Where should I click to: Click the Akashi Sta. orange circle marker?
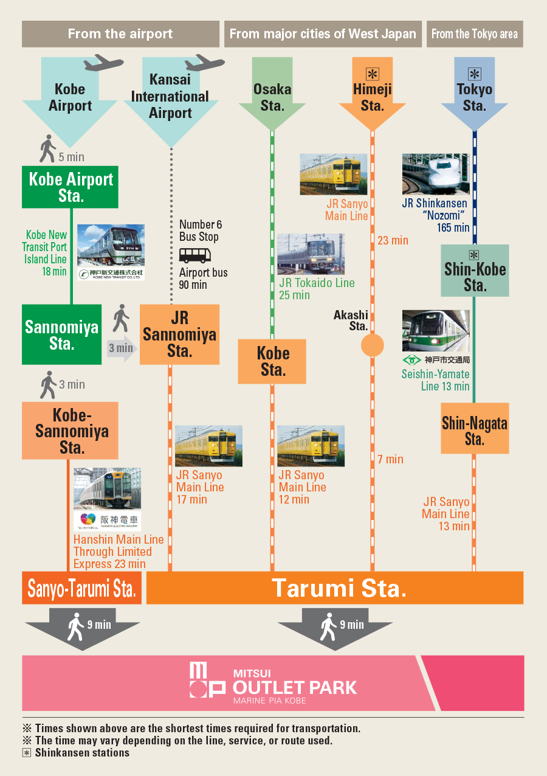coord(372,345)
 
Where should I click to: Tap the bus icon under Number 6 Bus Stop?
coord(195,255)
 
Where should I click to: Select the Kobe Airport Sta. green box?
coord(71,187)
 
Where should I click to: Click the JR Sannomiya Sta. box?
coord(179,334)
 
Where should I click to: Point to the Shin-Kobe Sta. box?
coord(475,271)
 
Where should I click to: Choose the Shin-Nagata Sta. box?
coord(475,429)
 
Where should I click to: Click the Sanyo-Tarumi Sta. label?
coord(82,588)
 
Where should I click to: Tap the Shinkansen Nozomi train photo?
coord(435,175)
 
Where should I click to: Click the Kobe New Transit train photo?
coord(111,245)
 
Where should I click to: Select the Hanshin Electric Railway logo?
coord(108,521)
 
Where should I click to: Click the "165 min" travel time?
coord(453,227)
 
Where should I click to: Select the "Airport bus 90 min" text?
coord(203,279)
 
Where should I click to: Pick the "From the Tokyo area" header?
coord(475,34)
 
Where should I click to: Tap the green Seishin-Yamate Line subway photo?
coord(435,331)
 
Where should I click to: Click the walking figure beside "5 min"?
coord(48,149)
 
